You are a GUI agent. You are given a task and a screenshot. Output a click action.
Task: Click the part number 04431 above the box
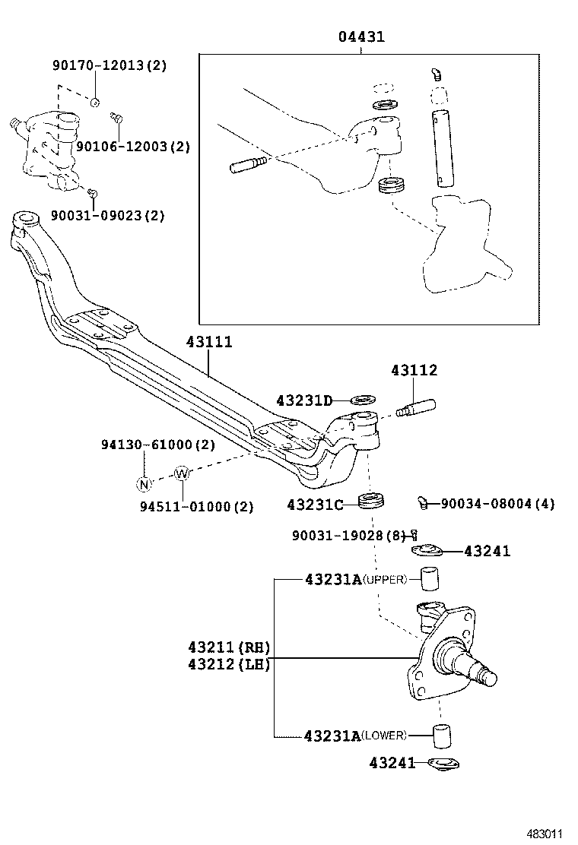tap(361, 36)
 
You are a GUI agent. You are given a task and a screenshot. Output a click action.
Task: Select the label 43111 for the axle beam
tap(209, 343)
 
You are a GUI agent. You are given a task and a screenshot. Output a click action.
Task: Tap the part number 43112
tap(414, 371)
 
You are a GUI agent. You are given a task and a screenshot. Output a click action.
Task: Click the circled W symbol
tap(181, 473)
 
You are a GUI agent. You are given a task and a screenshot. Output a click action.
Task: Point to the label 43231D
tap(304, 400)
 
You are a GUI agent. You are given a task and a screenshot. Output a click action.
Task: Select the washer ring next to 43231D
tap(364, 399)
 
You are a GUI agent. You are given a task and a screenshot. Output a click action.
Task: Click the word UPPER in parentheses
tap(386, 580)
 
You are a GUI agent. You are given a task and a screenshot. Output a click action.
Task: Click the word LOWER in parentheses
tap(383, 736)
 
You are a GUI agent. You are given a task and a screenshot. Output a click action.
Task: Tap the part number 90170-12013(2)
tap(109, 65)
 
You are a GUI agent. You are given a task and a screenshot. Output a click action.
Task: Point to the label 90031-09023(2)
tap(107, 216)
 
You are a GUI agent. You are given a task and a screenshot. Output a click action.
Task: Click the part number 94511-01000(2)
tap(196, 507)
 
